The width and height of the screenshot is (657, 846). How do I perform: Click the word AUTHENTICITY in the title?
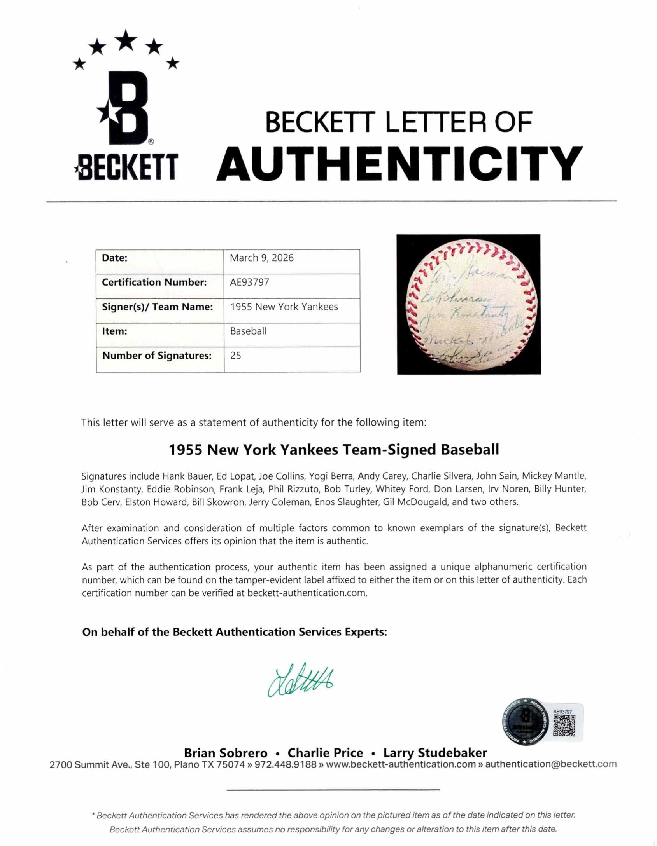(400, 164)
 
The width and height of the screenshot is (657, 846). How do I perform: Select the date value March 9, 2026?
(261, 258)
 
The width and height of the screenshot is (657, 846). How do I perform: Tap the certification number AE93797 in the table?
(249, 282)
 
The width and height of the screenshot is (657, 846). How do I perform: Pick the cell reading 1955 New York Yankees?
(284, 307)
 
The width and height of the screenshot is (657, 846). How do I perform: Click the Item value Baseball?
(248, 331)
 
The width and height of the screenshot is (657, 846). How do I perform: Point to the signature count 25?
(235, 356)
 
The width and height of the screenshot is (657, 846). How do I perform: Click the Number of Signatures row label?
(157, 356)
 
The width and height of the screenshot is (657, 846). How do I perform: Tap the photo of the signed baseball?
(468, 304)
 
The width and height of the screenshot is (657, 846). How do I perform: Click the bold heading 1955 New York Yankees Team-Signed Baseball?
(333, 450)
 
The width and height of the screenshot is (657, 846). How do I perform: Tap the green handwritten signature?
(300, 680)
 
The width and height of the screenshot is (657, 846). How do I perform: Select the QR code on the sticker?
(564, 725)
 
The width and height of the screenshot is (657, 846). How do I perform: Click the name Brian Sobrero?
(226, 753)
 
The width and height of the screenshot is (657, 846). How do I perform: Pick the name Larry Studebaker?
(435, 753)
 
